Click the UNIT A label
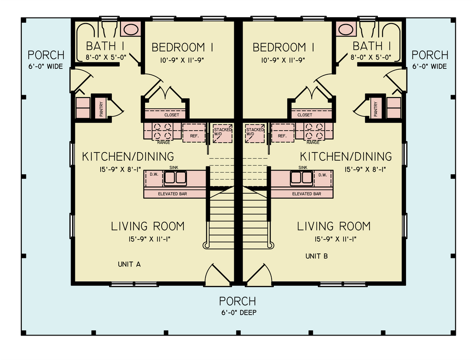(x=129, y=264)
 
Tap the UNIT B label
(x=316, y=256)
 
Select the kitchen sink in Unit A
(x=176, y=177)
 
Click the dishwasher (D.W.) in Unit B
(x=322, y=175)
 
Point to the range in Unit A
(x=163, y=131)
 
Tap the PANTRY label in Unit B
(x=376, y=109)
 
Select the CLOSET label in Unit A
(x=172, y=115)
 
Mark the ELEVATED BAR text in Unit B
(x=306, y=194)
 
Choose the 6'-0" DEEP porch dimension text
(x=237, y=312)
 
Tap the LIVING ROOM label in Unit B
(x=334, y=226)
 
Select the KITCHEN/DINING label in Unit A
(x=128, y=157)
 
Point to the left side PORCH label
(x=46, y=55)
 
